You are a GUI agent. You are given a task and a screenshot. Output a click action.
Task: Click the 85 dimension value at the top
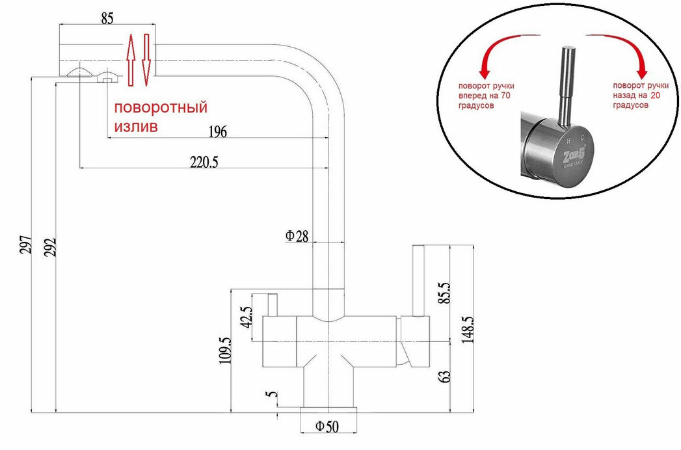(x=108, y=19)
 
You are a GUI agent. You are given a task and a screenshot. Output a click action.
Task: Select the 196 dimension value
(x=218, y=132)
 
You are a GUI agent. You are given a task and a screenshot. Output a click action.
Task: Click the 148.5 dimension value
(x=467, y=329)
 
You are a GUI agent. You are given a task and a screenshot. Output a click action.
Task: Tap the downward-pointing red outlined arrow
(x=146, y=59)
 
